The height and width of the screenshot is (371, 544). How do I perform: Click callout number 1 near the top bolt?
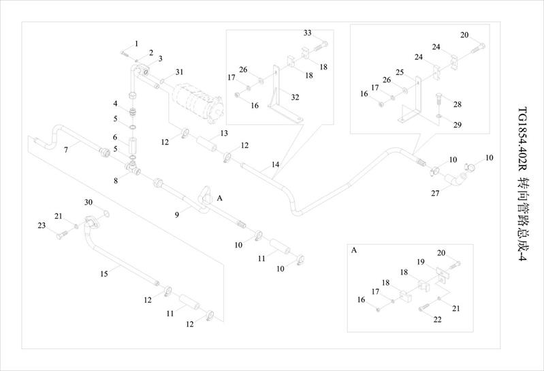tap(136, 44)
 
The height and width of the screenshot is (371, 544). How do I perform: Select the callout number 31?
tap(179, 72)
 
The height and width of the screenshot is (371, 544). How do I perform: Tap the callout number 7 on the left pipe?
tap(66, 149)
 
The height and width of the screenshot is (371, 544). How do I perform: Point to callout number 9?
tap(177, 214)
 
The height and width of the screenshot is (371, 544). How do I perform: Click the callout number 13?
tap(223, 132)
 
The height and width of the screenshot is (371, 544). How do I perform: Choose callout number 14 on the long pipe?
tap(276, 164)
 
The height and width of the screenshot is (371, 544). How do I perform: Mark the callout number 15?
tap(104, 273)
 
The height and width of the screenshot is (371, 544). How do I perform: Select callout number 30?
tap(88, 203)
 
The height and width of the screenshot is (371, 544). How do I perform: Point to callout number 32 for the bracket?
tap(295, 98)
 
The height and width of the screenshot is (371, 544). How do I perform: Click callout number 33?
tap(308, 33)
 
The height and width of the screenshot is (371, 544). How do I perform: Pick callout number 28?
tap(458, 104)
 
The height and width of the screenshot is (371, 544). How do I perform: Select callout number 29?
tap(458, 125)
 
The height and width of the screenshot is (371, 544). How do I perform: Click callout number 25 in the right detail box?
tap(400, 72)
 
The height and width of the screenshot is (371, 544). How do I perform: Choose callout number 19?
tap(421, 262)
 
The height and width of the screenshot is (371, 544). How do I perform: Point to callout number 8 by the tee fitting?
tap(116, 181)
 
